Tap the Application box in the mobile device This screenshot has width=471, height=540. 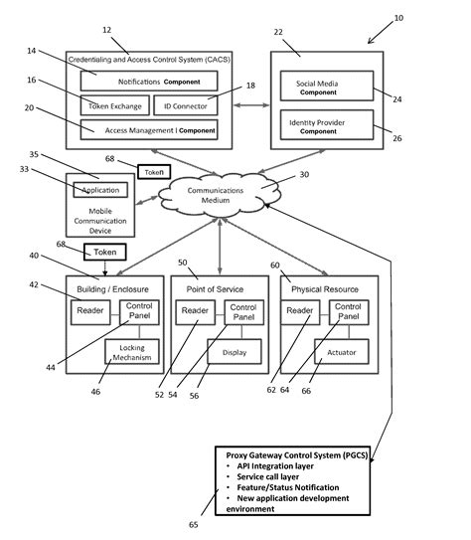(99, 189)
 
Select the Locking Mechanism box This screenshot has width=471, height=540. (132, 352)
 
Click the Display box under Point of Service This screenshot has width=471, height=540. (235, 351)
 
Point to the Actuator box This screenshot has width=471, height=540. (341, 351)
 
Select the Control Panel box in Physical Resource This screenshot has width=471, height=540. (349, 311)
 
